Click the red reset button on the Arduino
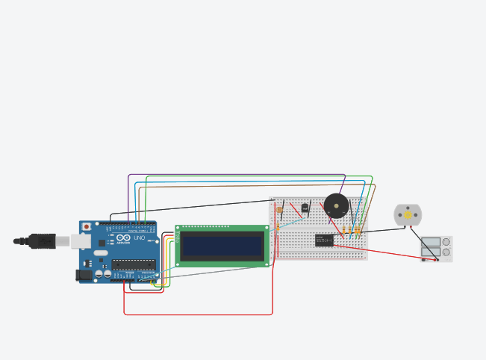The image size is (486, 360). click(87, 226)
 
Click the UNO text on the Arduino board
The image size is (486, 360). click(139, 238)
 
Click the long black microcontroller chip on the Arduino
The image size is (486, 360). click(134, 263)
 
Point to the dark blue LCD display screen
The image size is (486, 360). click(222, 245)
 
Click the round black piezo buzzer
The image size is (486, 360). click(336, 205)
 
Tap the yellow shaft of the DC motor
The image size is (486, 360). click(408, 215)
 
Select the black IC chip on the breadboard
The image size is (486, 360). click(324, 240)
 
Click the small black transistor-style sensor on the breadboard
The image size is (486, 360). click(305, 208)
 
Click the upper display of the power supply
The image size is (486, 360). click(431, 242)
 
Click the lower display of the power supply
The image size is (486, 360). click(431, 252)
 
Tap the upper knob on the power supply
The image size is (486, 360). click(446, 242)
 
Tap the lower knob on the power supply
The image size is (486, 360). click(446, 252)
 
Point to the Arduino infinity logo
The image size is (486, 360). click(123, 238)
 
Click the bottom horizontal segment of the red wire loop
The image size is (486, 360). click(198, 314)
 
